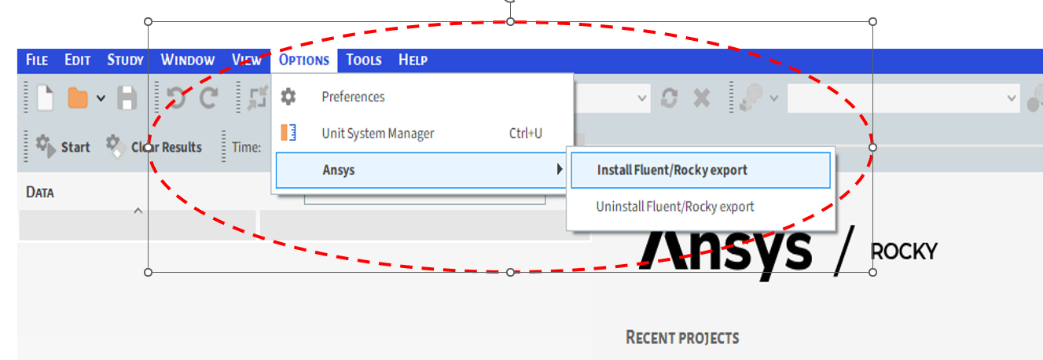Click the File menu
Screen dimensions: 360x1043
pos(37,61)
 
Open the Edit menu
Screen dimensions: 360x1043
pos(78,61)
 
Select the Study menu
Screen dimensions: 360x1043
pos(126,61)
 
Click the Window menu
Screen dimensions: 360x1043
pos(188,61)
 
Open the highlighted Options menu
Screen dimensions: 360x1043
pos(304,61)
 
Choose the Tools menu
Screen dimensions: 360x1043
pos(364,61)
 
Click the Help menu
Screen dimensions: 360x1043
pos(413,61)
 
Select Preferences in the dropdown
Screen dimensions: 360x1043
pos(353,97)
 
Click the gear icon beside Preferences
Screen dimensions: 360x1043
pos(288,97)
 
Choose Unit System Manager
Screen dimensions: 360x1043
pos(377,134)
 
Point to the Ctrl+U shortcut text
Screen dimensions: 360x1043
pos(525,134)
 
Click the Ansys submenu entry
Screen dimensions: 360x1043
pos(339,170)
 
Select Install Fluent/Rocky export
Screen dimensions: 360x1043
pos(672,170)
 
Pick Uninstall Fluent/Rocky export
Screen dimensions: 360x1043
pos(675,207)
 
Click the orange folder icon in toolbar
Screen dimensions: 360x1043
pos(78,97)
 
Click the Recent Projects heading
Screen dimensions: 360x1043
pos(682,338)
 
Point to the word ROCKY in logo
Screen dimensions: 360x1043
pos(904,252)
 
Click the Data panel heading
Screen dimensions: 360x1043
pos(40,193)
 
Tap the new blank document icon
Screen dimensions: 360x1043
pos(45,97)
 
